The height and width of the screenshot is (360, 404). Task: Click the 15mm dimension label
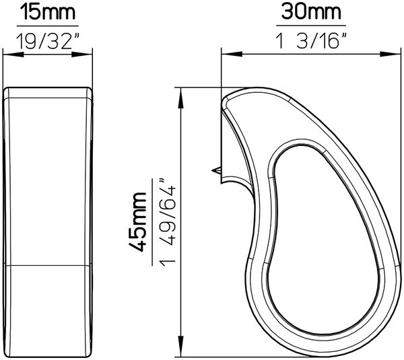48,13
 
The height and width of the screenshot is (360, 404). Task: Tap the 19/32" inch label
47,42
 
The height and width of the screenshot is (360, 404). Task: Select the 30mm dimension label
311,12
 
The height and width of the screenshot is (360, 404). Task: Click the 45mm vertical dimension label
137,221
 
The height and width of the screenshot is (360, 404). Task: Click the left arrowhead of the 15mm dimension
13,55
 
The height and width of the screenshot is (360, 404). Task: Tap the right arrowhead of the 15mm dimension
81,55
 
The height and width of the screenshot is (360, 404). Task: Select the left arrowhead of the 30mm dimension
232,55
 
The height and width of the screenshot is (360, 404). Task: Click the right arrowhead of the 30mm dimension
391,55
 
